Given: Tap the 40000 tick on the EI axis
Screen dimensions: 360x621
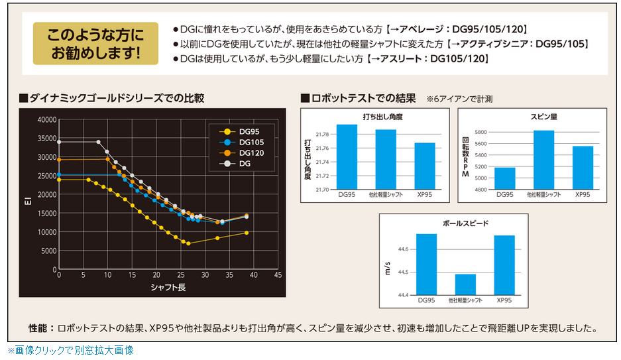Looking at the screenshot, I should coord(48,120).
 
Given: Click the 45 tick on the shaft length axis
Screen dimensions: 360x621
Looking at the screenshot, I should coord(277,275).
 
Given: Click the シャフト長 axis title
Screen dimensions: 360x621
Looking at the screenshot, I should coord(168,286).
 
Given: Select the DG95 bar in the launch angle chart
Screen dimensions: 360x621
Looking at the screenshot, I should coord(347,156).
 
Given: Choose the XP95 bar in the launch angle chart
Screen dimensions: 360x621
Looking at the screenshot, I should coord(425,166).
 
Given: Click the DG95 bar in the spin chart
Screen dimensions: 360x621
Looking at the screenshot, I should coord(504,178).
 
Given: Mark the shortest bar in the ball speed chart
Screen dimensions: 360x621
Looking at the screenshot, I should coord(465,284).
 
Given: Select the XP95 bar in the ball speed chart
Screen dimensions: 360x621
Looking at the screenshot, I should coord(504,265).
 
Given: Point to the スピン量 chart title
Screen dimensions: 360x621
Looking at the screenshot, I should coord(543,117).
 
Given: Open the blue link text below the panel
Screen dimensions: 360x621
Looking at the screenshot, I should coord(70,350).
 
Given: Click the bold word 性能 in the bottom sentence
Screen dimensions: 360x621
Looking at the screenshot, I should coord(38,328).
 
